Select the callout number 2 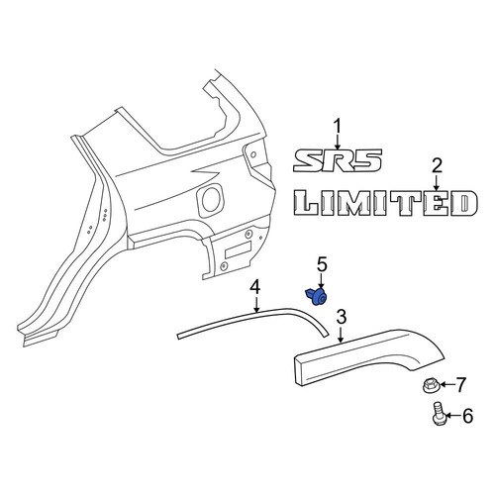(x=437, y=166)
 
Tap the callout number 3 (x=342, y=317)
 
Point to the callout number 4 (x=254, y=287)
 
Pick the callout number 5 (x=322, y=265)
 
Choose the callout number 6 (x=467, y=416)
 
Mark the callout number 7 (x=460, y=385)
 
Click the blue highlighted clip (x=317, y=296)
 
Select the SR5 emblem (x=338, y=160)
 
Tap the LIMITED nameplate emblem (x=385, y=203)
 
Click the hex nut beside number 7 (x=430, y=386)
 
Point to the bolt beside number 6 (x=439, y=414)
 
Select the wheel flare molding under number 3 (x=368, y=356)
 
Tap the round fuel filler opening (x=210, y=199)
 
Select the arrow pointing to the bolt (x=453, y=416)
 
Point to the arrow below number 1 (x=338, y=144)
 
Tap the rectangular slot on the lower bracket (x=238, y=249)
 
